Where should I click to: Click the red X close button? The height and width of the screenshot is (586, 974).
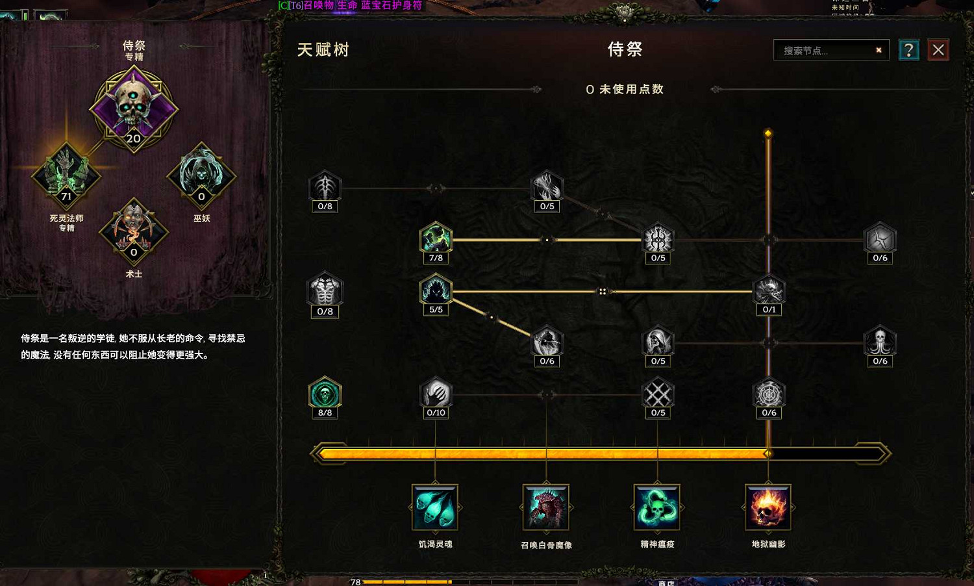click(938, 50)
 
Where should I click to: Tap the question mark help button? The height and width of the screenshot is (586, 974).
click(908, 50)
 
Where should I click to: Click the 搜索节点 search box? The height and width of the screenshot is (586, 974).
click(825, 51)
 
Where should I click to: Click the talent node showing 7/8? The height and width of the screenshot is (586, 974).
click(436, 239)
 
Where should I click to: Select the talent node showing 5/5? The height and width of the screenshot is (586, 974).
click(436, 291)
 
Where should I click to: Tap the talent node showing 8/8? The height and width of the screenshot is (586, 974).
click(325, 394)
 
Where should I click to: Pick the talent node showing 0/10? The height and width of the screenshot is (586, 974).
click(436, 394)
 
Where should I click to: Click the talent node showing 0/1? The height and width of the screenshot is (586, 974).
click(769, 291)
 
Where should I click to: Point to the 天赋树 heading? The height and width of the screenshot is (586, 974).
click(323, 50)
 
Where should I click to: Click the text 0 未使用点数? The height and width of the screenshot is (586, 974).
click(625, 90)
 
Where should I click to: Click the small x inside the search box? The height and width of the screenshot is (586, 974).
click(879, 50)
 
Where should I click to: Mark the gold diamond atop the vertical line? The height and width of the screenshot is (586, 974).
click(768, 133)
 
